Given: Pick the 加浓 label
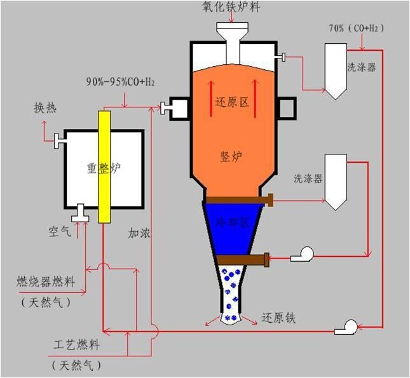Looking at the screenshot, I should [x=139, y=234].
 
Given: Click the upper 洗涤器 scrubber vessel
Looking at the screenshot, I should [x=334, y=70].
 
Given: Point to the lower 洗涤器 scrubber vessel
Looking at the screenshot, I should [x=334, y=181].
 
